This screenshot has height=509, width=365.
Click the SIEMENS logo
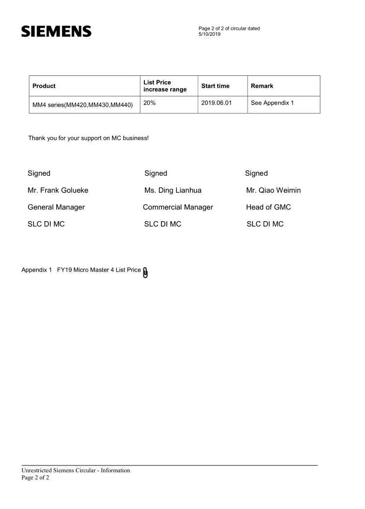(x=56, y=32)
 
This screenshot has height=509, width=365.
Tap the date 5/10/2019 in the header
(x=209, y=34)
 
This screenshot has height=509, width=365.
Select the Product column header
(x=44, y=86)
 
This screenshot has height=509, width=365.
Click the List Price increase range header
(x=165, y=86)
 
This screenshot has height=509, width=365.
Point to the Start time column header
(x=215, y=86)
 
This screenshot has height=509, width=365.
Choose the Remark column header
(x=262, y=86)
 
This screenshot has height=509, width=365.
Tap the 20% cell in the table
(x=150, y=103)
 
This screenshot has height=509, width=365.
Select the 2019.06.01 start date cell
(x=216, y=103)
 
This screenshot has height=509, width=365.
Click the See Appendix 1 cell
(x=272, y=103)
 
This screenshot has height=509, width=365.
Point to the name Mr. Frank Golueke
(x=58, y=190)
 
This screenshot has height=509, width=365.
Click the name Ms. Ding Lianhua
(x=173, y=190)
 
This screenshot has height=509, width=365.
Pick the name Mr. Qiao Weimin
(x=274, y=190)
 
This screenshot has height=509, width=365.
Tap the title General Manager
(x=56, y=208)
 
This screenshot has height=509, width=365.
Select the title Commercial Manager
(x=178, y=208)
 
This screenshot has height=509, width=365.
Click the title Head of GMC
(x=269, y=208)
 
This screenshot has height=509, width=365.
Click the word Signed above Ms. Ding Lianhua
(x=156, y=173)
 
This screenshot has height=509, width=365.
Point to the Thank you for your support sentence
(x=88, y=139)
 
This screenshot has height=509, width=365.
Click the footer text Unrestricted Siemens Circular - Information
(x=76, y=471)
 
